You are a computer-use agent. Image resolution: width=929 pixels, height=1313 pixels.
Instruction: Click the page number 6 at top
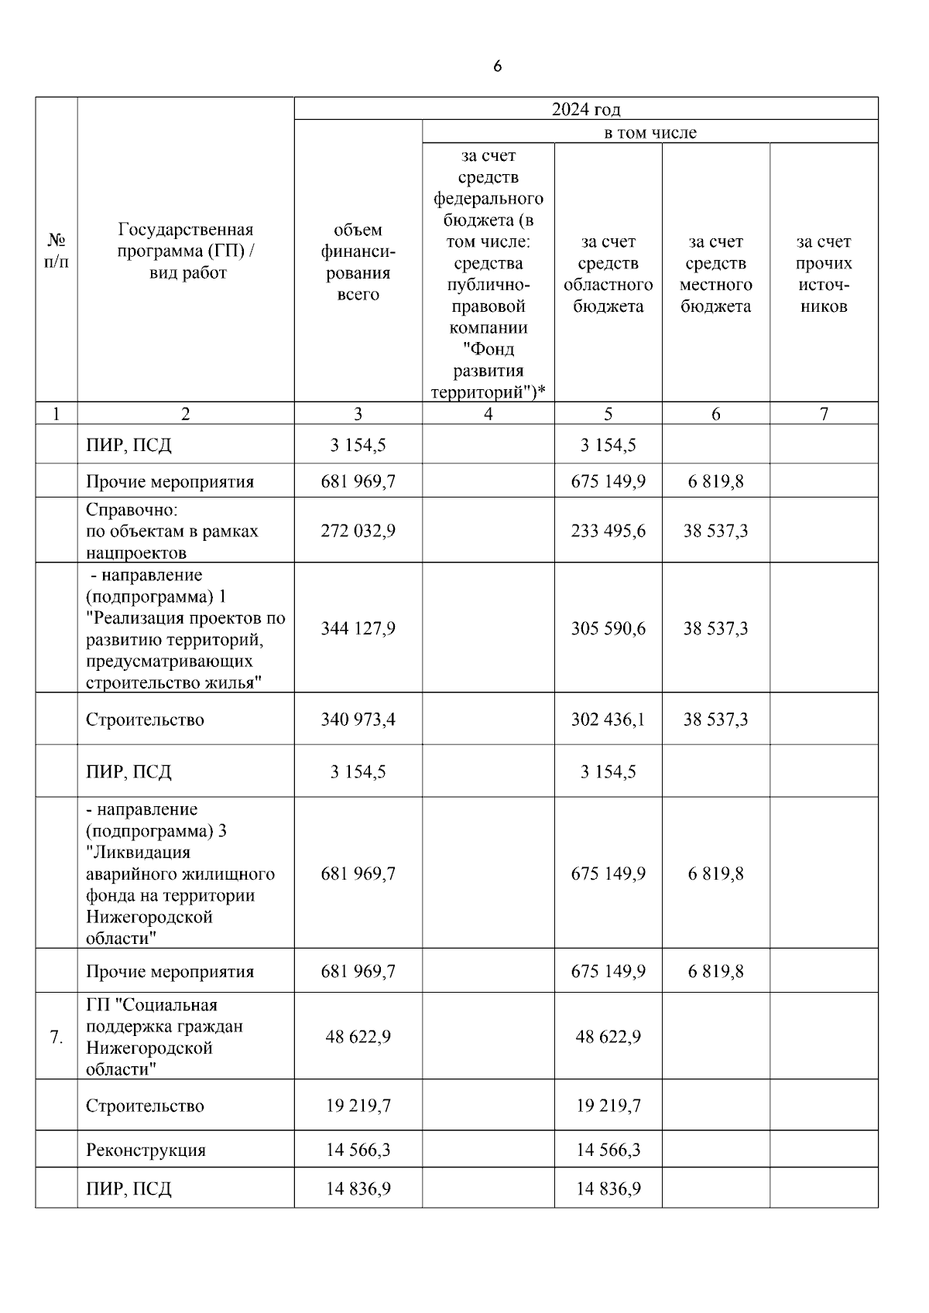pyautogui.click(x=497, y=67)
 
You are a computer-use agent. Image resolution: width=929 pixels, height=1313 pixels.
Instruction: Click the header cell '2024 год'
pyautogui.click(x=585, y=109)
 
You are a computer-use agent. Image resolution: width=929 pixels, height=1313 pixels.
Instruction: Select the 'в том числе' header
pyautogui.click(x=650, y=132)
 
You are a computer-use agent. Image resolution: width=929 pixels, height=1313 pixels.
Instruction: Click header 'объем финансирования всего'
pyautogui.click(x=358, y=262)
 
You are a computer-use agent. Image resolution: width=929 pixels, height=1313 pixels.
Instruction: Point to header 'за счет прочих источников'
pyautogui.click(x=823, y=274)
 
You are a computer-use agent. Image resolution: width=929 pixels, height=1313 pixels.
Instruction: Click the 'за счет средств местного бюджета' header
pyautogui.click(x=715, y=274)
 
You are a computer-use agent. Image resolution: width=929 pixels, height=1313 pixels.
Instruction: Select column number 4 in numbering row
pyautogui.click(x=488, y=414)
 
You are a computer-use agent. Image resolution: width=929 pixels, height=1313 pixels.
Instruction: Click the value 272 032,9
pyautogui.click(x=358, y=531)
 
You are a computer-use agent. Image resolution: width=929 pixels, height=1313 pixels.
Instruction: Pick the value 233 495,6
pyautogui.click(x=608, y=531)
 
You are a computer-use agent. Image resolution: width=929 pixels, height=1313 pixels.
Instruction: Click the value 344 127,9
pyautogui.click(x=358, y=628)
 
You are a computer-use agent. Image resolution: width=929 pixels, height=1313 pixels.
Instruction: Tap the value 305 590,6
pyautogui.click(x=608, y=628)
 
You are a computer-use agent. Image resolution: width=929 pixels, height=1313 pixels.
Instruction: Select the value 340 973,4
pyautogui.click(x=358, y=720)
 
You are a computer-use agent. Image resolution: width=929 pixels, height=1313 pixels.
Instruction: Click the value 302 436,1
pyautogui.click(x=608, y=720)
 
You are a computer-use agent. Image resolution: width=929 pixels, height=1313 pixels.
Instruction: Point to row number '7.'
pyautogui.click(x=56, y=1037)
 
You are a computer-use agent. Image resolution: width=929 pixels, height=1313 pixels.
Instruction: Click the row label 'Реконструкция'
pyautogui.click(x=146, y=1150)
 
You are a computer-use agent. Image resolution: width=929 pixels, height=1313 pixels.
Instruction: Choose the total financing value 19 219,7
pyautogui.click(x=358, y=1106)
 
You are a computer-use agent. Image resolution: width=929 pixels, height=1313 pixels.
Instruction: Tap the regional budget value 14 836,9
pyautogui.click(x=608, y=1188)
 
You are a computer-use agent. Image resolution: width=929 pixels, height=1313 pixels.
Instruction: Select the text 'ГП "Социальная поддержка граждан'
pyautogui.click(x=164, y=1015)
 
